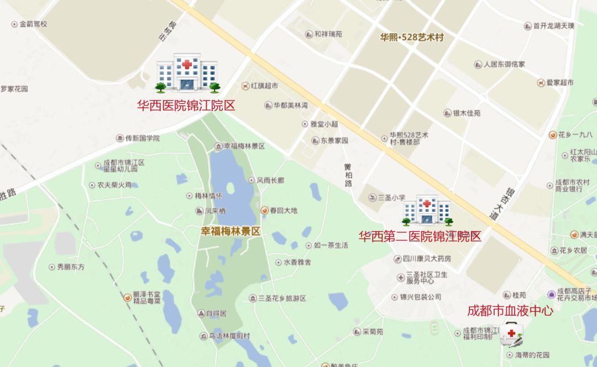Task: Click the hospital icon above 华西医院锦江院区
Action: click(187, 72)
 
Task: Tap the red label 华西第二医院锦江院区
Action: click(420, 237)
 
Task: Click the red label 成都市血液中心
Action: click(510, 311)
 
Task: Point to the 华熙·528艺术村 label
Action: click(412, 38)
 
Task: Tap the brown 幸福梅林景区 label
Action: click(230, 232)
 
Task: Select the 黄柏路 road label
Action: click(348, 175)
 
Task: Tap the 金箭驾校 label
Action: click(33, 24)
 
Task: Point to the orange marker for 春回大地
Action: click(265, 211)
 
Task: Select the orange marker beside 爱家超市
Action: click(541, 83)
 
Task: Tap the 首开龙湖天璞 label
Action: click(553, 26)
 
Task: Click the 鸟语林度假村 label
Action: click(229, 336)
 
